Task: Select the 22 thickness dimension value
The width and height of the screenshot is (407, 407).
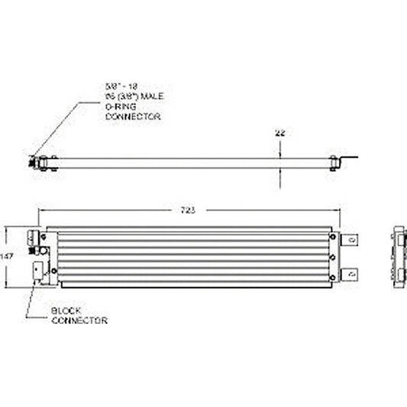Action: click(279, 133)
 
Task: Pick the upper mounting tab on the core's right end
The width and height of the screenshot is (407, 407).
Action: click(350, 239)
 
